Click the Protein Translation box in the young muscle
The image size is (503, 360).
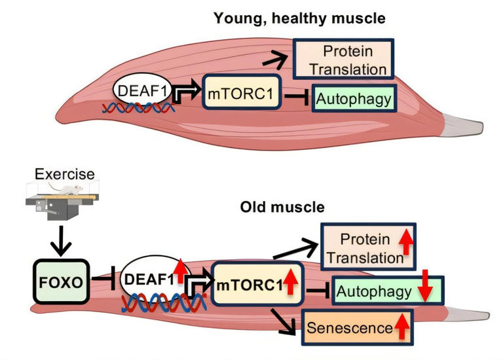(x=343, y=59)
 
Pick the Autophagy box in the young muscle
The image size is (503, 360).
(x=354, y=100)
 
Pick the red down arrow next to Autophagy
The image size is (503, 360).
(x=422, y=291)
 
